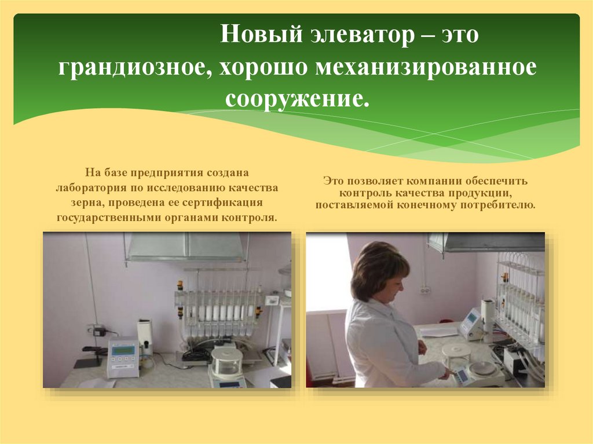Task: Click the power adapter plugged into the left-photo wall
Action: (100, 331)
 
